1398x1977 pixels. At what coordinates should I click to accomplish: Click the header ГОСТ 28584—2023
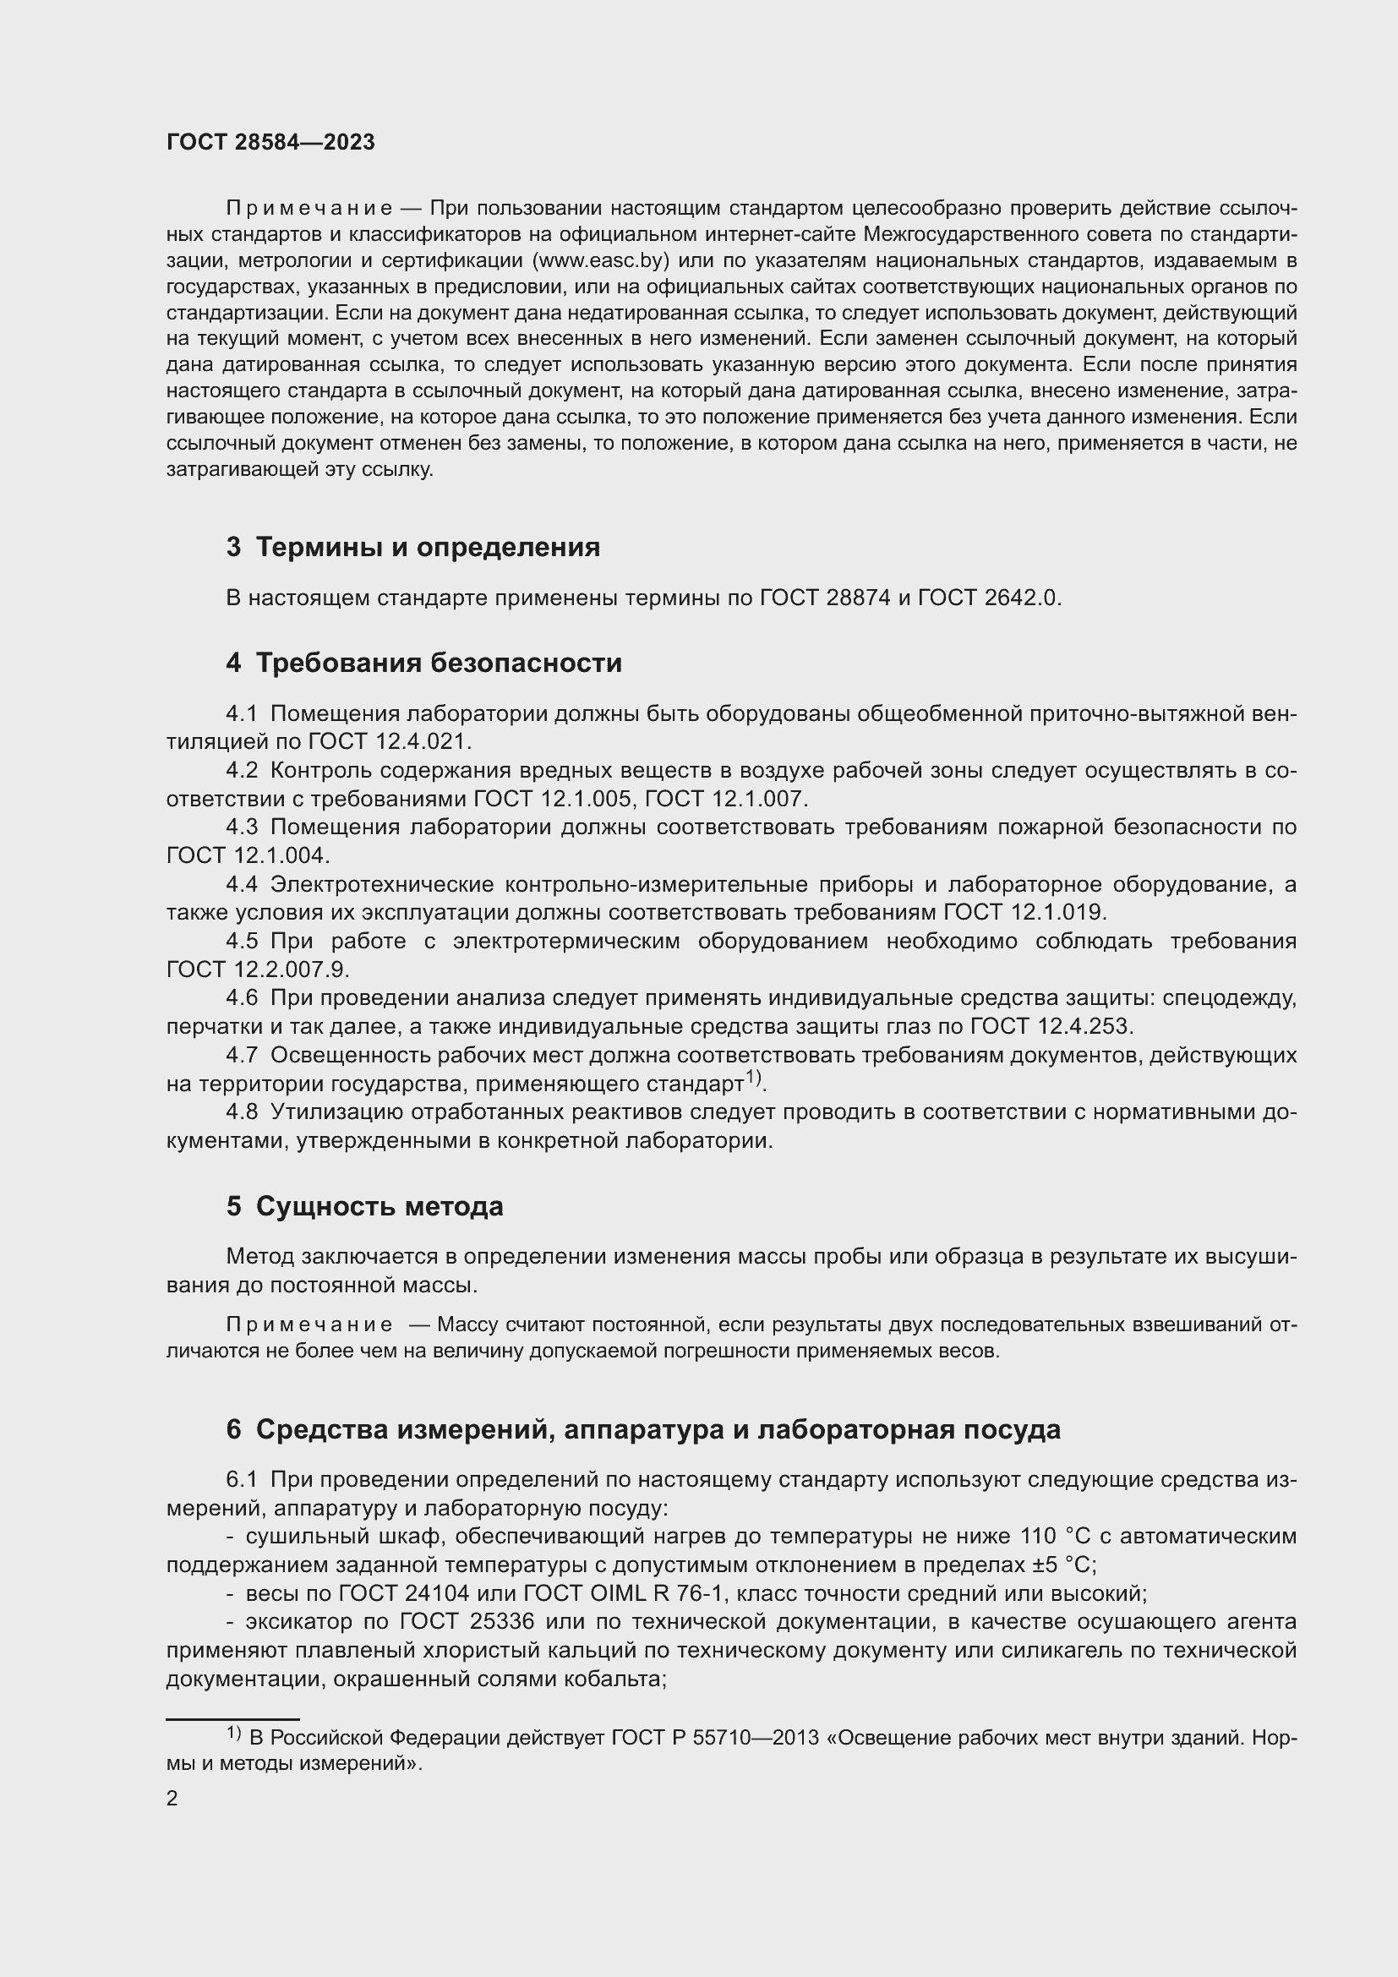[270, 143]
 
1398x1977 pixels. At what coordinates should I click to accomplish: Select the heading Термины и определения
[428, 548]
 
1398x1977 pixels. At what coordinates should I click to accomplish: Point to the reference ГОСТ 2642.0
[989, 598]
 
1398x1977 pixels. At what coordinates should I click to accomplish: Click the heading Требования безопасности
[439, 663]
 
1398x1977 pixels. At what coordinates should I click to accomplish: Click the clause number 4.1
[242, 714]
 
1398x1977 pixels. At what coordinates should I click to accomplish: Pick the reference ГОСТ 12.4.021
[387, 741]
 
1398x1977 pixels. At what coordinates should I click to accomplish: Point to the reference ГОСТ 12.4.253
[1051, 1026]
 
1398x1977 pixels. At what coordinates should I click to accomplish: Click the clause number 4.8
[242, 1112]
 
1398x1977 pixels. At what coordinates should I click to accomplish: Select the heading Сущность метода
[379, 1207]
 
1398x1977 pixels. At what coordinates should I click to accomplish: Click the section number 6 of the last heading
[233, 1430]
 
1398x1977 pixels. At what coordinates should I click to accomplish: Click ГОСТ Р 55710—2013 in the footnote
[714, 1738]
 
